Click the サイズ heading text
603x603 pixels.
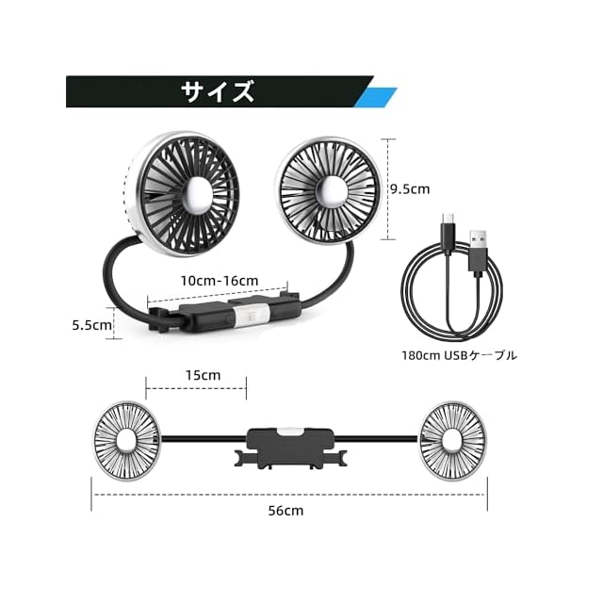(218, 91)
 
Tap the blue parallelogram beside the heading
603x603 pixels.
(375, 98)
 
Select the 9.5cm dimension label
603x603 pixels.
(410, 189)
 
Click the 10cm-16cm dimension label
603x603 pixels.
(220, 281)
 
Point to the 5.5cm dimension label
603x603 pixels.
(92, 325)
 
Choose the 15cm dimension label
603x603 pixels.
(204, 375)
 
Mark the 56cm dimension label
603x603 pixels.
(285, 511)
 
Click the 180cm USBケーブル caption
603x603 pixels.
(459, 355)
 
